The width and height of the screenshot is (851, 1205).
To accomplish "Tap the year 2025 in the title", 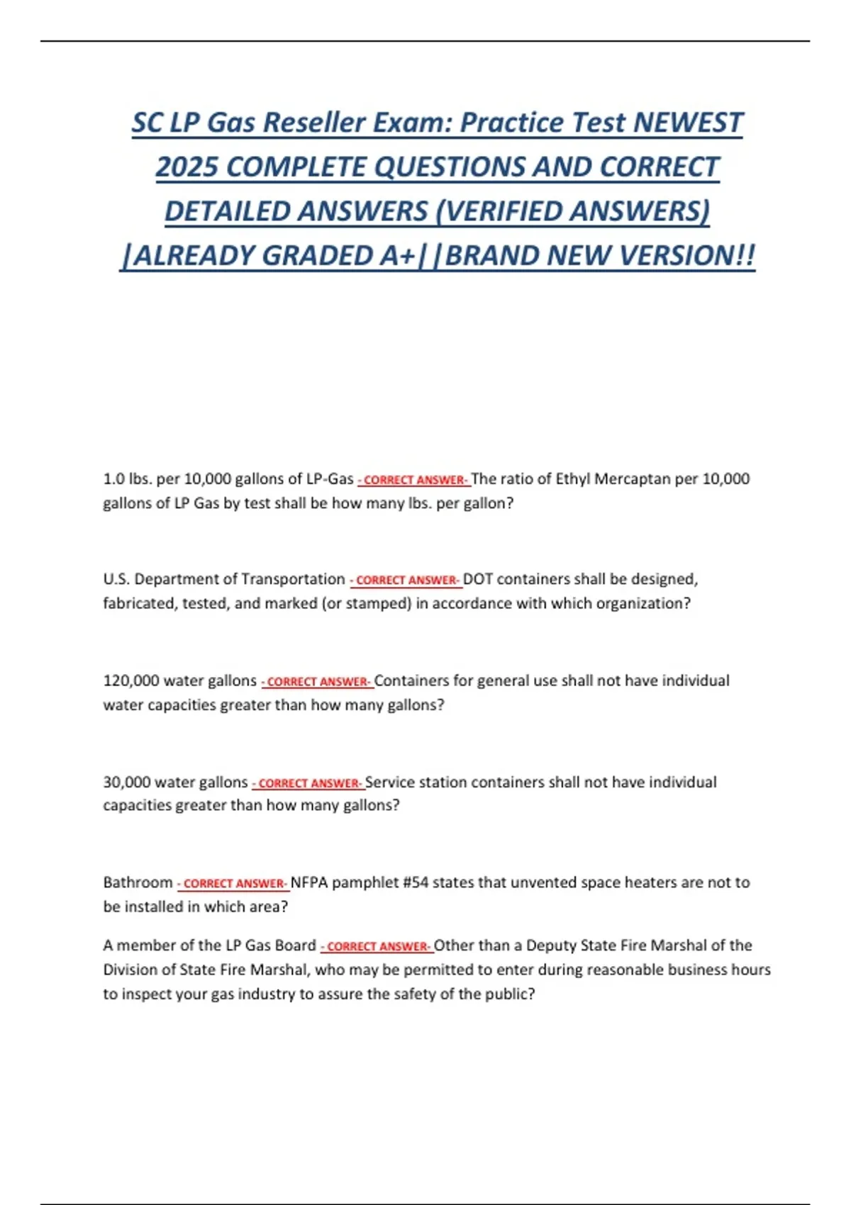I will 187,167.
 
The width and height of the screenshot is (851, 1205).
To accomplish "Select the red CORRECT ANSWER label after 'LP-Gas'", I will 414,480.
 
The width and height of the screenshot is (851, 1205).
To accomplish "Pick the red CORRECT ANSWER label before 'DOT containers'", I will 406,581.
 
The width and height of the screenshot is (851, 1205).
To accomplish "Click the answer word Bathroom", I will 138,882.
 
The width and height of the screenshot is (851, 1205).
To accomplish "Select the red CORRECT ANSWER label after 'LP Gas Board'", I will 377,946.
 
